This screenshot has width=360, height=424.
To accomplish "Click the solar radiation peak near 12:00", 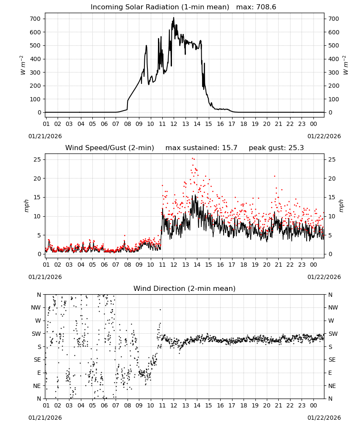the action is (x=174, y=18).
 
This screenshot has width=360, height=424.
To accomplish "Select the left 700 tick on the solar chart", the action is (x=35, y=19).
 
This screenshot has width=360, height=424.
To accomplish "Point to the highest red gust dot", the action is (x=193, y=159).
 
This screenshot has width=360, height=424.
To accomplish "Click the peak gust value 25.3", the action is (x=296, y=148).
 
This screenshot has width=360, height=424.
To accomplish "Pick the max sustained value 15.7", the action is (x=230, y=148).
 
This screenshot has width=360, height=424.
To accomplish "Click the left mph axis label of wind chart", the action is (x=26, y=206).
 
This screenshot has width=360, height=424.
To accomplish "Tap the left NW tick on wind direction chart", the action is (x=36, y=307).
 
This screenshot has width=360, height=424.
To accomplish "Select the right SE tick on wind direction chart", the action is (x=332, y=360).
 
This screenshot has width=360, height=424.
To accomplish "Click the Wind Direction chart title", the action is (x=185, y=288).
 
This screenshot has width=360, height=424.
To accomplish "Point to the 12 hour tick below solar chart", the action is (x=174, y=124).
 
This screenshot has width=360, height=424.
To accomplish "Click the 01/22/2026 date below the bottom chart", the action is (x=324, y=418).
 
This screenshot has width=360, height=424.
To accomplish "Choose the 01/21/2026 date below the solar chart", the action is (x=45, y=136).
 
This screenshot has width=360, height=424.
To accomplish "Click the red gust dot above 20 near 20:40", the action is (x=274, y=176).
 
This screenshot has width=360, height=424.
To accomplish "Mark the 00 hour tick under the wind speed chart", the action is (x=313, y=265).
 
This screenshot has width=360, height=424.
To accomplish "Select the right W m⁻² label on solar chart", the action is (x=346, y=65).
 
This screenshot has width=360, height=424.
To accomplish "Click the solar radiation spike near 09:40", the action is (x=147, y=46).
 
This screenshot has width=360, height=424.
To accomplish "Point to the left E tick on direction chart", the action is (x=39, y=373).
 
